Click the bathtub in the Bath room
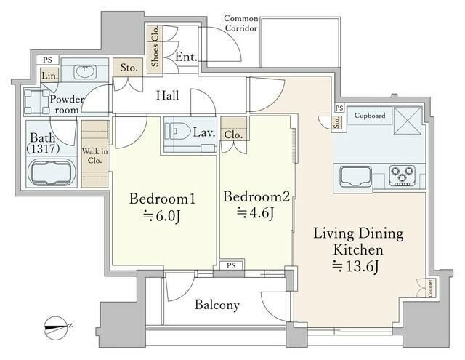point(52,172)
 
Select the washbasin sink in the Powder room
point(85,72)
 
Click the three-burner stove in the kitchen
point(402,176)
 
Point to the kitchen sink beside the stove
point(355,177)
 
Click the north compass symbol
point(57,328)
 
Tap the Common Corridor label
point(241,23)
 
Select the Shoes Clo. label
point(155,46)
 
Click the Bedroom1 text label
point(162,199)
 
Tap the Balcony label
point(217,305)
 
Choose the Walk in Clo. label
point(95,156)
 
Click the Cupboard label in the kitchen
point(370,115)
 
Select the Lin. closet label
point(49,76)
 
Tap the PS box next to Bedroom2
point(231,265)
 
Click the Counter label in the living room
point(430,288)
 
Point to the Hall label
point(168,95)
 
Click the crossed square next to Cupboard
point(408,121)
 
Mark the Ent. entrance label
point(186,57)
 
